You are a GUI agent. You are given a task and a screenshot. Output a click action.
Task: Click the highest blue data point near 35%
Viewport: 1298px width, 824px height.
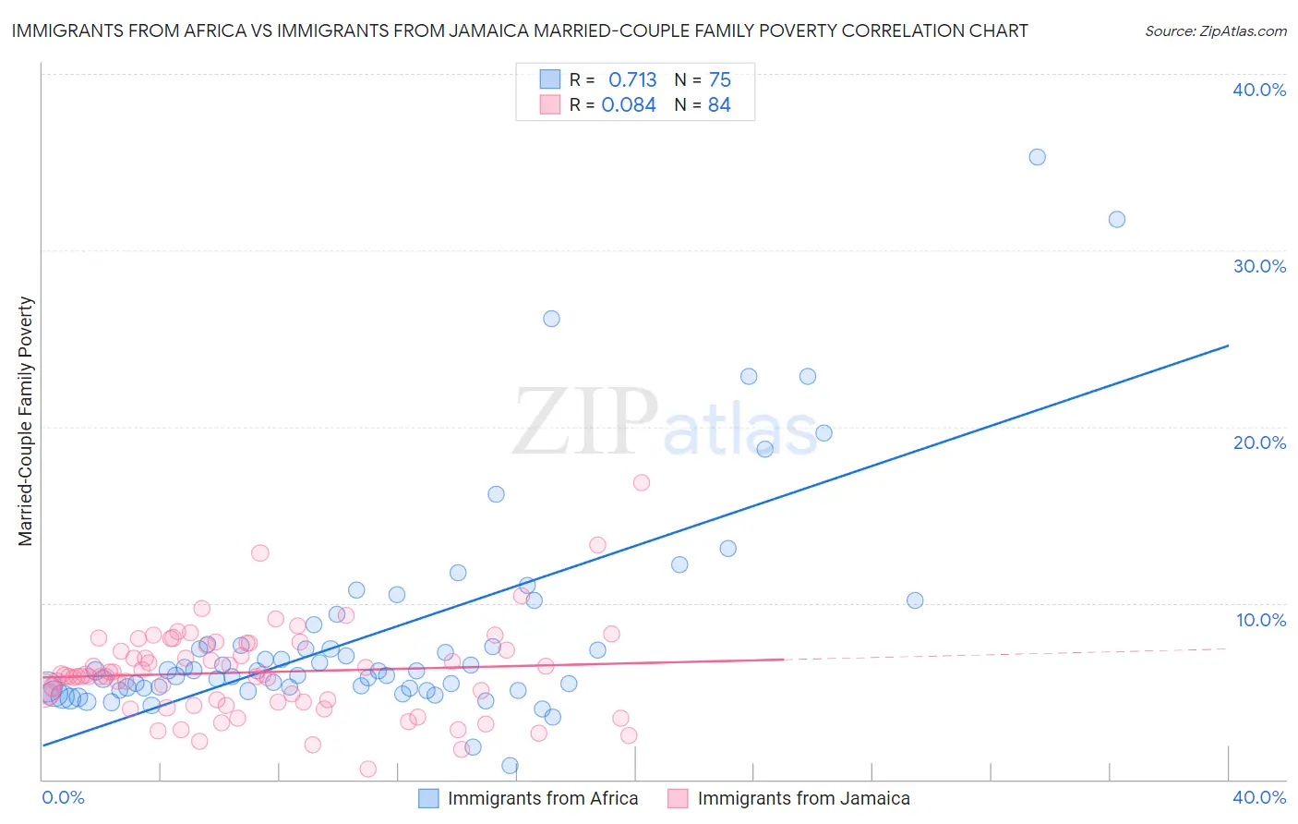[x=1037, y=157]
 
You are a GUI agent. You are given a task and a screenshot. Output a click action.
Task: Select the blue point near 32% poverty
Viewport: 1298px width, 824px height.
[x=1116, y=219]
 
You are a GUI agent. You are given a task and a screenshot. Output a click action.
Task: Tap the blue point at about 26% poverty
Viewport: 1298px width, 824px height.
[x=551, y=319]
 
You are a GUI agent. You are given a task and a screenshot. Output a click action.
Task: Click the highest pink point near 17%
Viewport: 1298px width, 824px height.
[x=642, y=482]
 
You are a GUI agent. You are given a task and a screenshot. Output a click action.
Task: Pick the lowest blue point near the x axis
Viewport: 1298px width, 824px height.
[x=510, y=765]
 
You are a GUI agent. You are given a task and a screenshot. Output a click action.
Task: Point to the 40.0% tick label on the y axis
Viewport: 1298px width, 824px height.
[x=1258, y=90]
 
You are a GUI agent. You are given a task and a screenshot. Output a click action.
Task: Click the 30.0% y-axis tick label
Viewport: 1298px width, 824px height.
[x=1258, y=266]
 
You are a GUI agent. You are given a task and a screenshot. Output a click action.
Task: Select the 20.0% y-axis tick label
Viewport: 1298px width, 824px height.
[x=1258, y=442]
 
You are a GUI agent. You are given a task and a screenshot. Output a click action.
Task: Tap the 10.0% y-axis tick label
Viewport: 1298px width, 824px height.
[x=1260, y=619]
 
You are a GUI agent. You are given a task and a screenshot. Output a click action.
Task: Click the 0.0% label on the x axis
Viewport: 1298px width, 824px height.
[x=63, y=797]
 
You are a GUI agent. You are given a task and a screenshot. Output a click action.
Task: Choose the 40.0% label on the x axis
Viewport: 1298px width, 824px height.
[x=1258, y=797]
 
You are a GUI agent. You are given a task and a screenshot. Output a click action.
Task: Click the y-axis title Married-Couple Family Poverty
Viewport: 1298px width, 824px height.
[x=26, y=421]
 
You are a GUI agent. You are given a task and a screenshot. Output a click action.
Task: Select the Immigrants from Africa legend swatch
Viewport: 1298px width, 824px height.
[x=428, y=798]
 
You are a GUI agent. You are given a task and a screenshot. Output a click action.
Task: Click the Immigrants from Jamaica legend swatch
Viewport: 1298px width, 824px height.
[x=679, y=798]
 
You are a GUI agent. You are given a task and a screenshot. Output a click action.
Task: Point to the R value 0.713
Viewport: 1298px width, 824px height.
[x=632, y=79]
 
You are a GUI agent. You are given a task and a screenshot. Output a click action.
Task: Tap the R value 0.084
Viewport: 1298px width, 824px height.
[x=629, y=105]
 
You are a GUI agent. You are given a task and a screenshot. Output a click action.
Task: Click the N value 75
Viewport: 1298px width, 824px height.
[x=720, y=79]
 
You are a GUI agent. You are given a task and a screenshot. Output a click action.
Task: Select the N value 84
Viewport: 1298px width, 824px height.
[x=719, y=105]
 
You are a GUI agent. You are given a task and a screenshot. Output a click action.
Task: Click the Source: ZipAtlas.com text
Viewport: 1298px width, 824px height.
[x=1215, y=30]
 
